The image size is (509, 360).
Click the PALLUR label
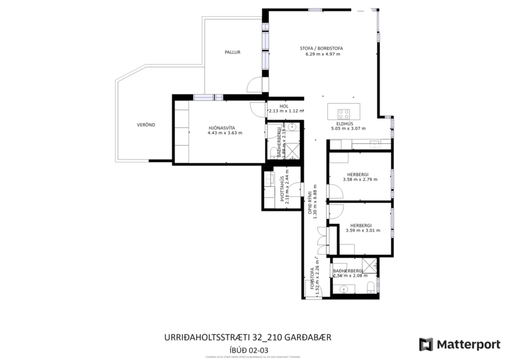232,52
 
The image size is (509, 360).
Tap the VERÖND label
146,125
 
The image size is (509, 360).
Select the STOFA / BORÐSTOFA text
321,48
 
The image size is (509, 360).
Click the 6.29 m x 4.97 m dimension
323,54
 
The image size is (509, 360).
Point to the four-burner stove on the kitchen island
344,113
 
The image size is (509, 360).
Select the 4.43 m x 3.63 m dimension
225,133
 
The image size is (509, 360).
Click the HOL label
284,106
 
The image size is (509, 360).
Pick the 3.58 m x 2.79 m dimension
360,179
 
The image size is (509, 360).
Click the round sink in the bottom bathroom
344,290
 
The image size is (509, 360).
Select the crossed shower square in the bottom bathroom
370,266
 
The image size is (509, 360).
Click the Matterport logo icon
426,344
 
